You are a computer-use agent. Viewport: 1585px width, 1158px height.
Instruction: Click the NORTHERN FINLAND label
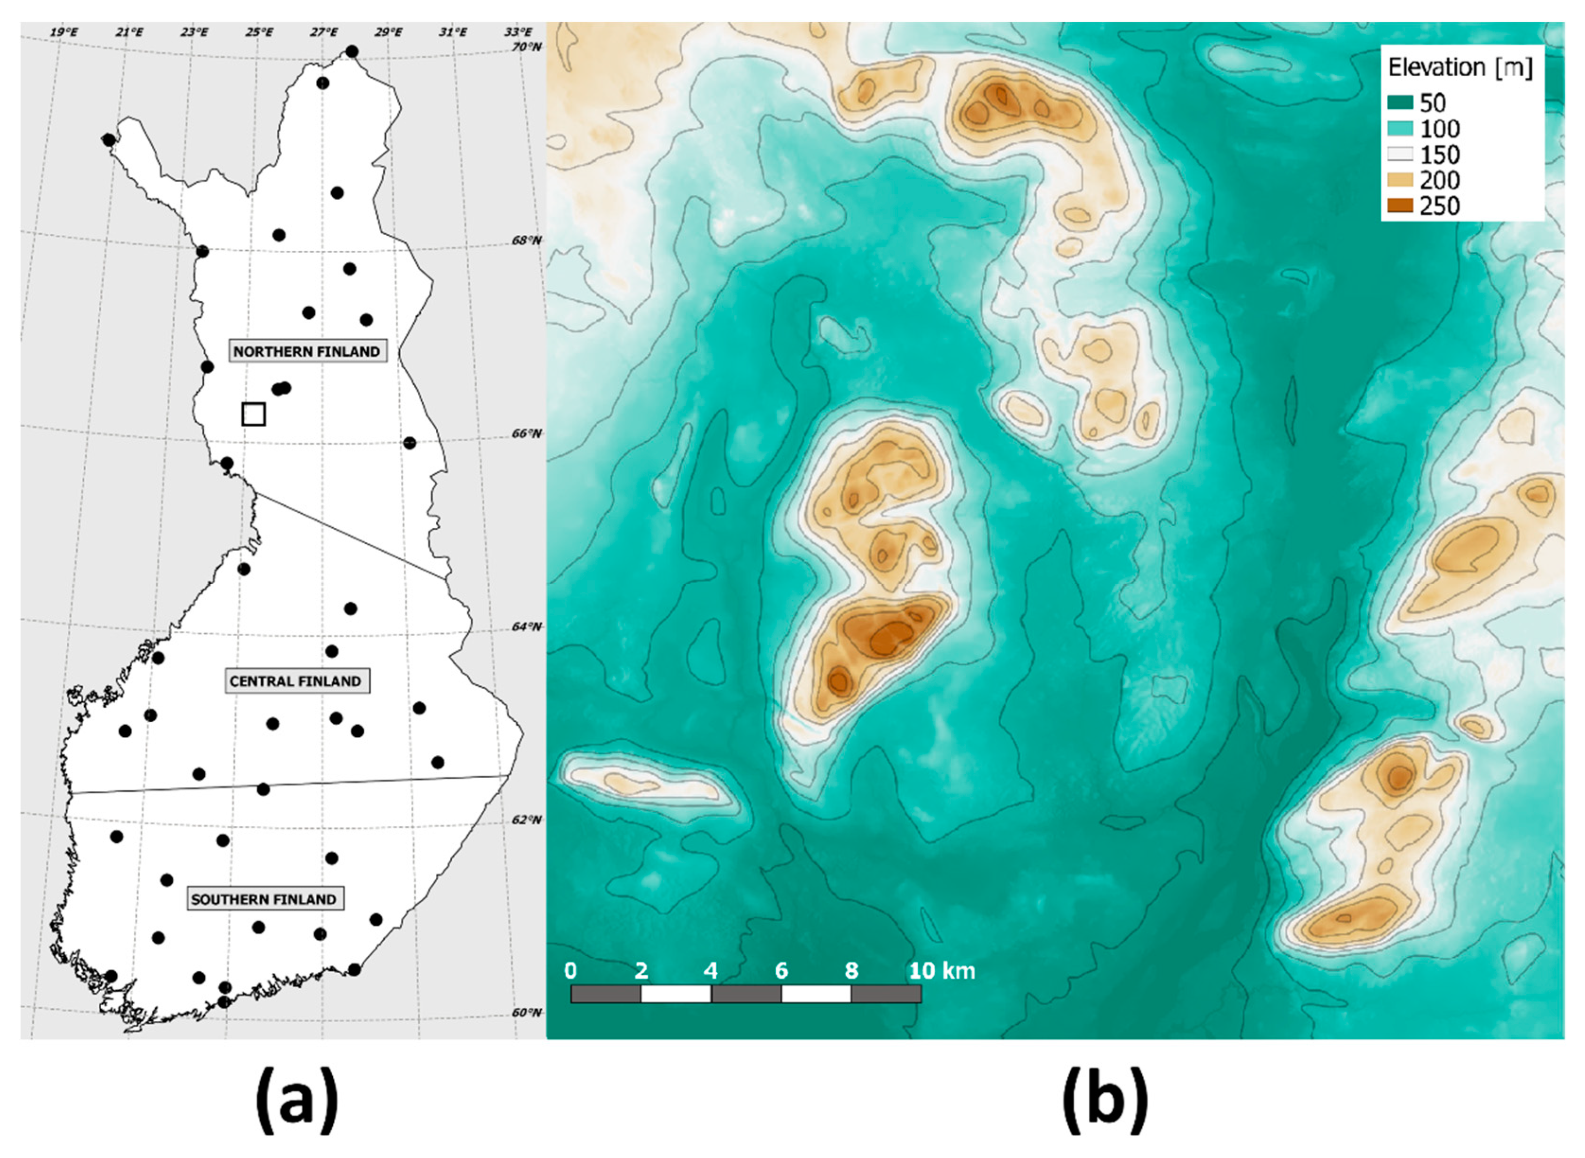click(306, 351)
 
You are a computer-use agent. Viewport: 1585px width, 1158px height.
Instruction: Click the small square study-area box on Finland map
click(253, 414)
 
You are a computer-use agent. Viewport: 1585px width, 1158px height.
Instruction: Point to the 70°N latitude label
click(526, 47)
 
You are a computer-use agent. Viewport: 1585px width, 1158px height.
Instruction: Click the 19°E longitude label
click(64, 32)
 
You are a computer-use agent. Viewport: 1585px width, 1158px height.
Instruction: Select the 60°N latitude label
click(526, 1013)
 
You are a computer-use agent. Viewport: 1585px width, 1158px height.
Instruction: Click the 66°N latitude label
click(526, 434)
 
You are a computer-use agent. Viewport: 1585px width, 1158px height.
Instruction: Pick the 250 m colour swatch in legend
click(1400, 205)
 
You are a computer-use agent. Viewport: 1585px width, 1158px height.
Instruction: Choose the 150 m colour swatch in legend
click(1400, 154)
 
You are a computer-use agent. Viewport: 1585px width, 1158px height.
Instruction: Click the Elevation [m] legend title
click(1460, 68)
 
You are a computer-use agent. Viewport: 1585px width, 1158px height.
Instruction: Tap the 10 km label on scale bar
click(942, 971)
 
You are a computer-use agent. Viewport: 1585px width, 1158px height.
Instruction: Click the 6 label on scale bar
click(781, 971)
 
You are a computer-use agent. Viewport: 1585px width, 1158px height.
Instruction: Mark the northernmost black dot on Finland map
click(352, 51)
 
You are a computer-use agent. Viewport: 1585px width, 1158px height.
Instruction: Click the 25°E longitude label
click(259, 32)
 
